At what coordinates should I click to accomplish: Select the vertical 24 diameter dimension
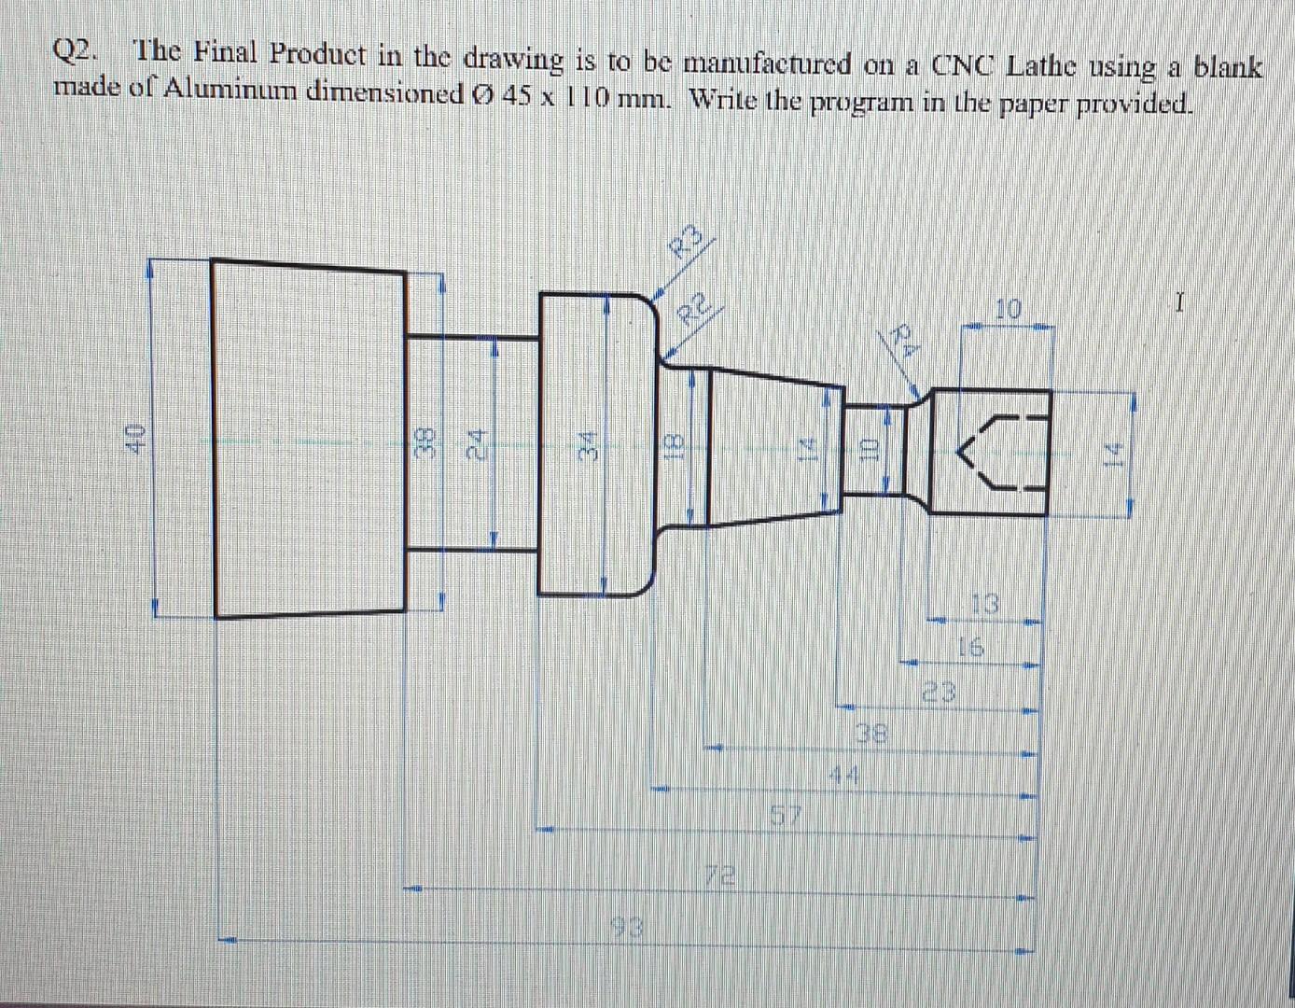476,441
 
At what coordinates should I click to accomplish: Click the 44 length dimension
844,774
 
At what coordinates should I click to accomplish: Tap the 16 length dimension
970,647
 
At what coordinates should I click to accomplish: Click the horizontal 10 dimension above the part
1008,309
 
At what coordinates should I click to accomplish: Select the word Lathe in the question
1049,66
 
